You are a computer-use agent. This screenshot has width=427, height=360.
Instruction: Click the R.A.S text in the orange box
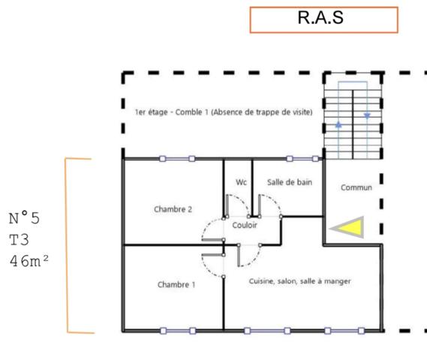tap(320, 18)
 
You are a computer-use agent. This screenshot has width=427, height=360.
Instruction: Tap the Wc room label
tap(242, 182)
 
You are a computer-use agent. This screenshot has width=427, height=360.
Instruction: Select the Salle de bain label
tap(290, 182)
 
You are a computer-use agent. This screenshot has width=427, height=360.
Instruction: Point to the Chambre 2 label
tap(173, 209)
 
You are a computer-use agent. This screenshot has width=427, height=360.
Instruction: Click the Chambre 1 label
tap(176, 285)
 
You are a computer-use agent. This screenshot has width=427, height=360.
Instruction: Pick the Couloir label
tap(245, 225)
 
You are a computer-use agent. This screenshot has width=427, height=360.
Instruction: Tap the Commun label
tap(356, 187)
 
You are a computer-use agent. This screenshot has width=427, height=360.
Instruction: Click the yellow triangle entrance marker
tap(350, 227)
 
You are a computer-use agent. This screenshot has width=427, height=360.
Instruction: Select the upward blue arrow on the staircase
tap(338, 124)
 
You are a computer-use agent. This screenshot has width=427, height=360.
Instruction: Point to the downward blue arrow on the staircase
tap(367, 116)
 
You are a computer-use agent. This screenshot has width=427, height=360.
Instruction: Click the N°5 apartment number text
tap(25, 218)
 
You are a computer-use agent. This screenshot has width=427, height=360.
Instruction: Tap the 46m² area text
tap(29, 261)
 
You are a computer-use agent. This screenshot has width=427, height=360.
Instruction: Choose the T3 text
tap(19, 240)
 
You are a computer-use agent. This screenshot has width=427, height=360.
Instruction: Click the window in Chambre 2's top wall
tap(177, 159)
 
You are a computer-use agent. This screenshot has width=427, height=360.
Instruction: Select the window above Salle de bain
tap(302, 159)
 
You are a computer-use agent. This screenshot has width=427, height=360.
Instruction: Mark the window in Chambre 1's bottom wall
tap(178, 331)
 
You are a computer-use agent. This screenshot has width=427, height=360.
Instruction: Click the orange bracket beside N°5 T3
tap(67, 245)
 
